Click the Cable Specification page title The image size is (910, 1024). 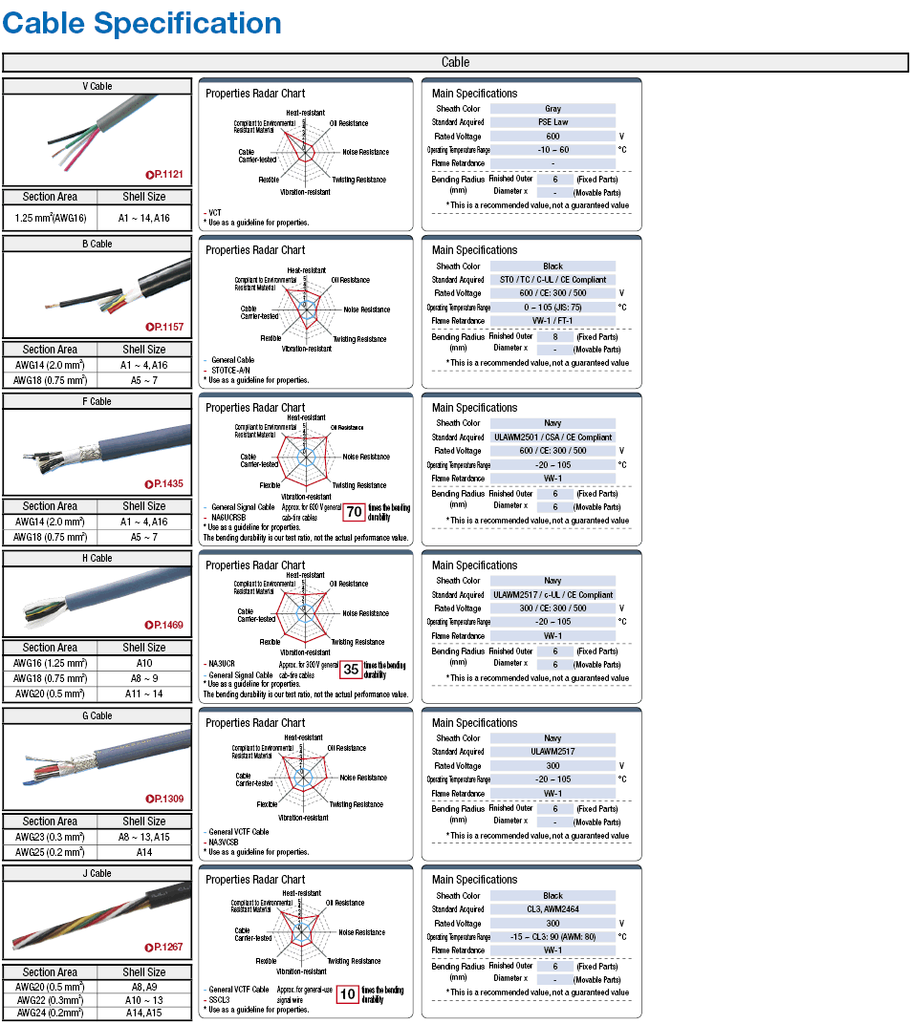(x=141, y=23)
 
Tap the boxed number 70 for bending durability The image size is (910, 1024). (x=353, y=512)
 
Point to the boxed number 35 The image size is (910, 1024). (x=351, y=670)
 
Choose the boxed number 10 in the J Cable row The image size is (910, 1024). (x=348, y=994)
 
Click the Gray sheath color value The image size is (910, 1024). (x=552, y=109)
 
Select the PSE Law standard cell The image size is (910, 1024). (x=552, y=122)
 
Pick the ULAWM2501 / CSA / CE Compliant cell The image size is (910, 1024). (x=552, y=437)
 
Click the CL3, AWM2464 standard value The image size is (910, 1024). (x=552, y=909)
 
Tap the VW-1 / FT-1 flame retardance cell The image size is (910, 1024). (x=552, y=321)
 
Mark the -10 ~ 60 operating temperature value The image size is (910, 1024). (x=552, y=150)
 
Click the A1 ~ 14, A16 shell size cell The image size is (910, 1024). (x=144, y=218)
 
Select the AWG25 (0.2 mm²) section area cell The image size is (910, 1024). (x=50, y=852)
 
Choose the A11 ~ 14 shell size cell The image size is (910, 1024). (x=144, y=694)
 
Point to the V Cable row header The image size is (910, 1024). (x=97, y=86)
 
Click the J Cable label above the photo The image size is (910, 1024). (x=97, y=873)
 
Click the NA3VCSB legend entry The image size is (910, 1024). (x=229, y=842)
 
